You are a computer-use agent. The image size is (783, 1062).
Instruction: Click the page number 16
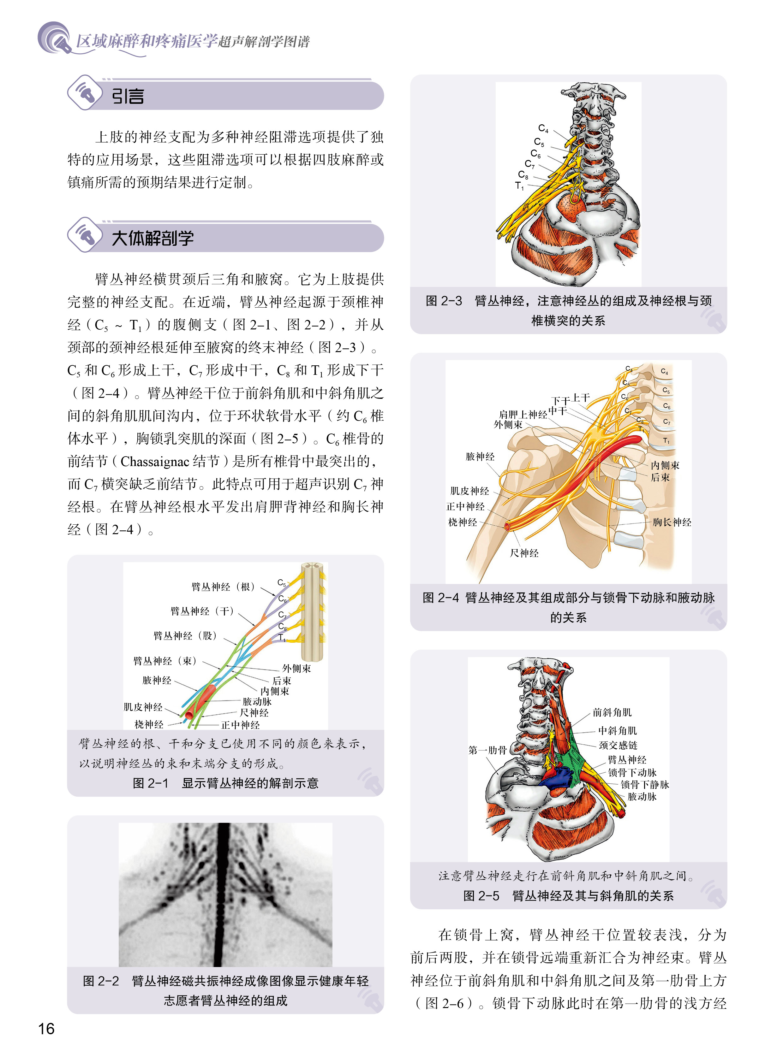[46, 1028]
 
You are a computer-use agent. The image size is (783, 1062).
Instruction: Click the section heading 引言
[128, 96]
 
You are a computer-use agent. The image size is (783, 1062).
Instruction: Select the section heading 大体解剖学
[152, 238]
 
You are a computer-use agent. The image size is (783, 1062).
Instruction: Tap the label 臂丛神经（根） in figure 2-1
[223, 587]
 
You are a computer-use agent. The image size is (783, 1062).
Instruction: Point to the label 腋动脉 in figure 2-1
[257, 701]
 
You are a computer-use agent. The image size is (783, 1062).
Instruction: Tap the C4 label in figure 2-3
[543, 128]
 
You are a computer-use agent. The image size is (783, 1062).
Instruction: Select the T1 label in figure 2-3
[519, 186]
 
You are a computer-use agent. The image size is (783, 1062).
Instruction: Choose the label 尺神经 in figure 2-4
[524, 553]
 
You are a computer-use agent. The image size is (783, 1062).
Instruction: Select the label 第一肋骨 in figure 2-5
[487, 750]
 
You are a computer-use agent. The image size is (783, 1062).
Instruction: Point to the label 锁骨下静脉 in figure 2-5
[645, 784]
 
